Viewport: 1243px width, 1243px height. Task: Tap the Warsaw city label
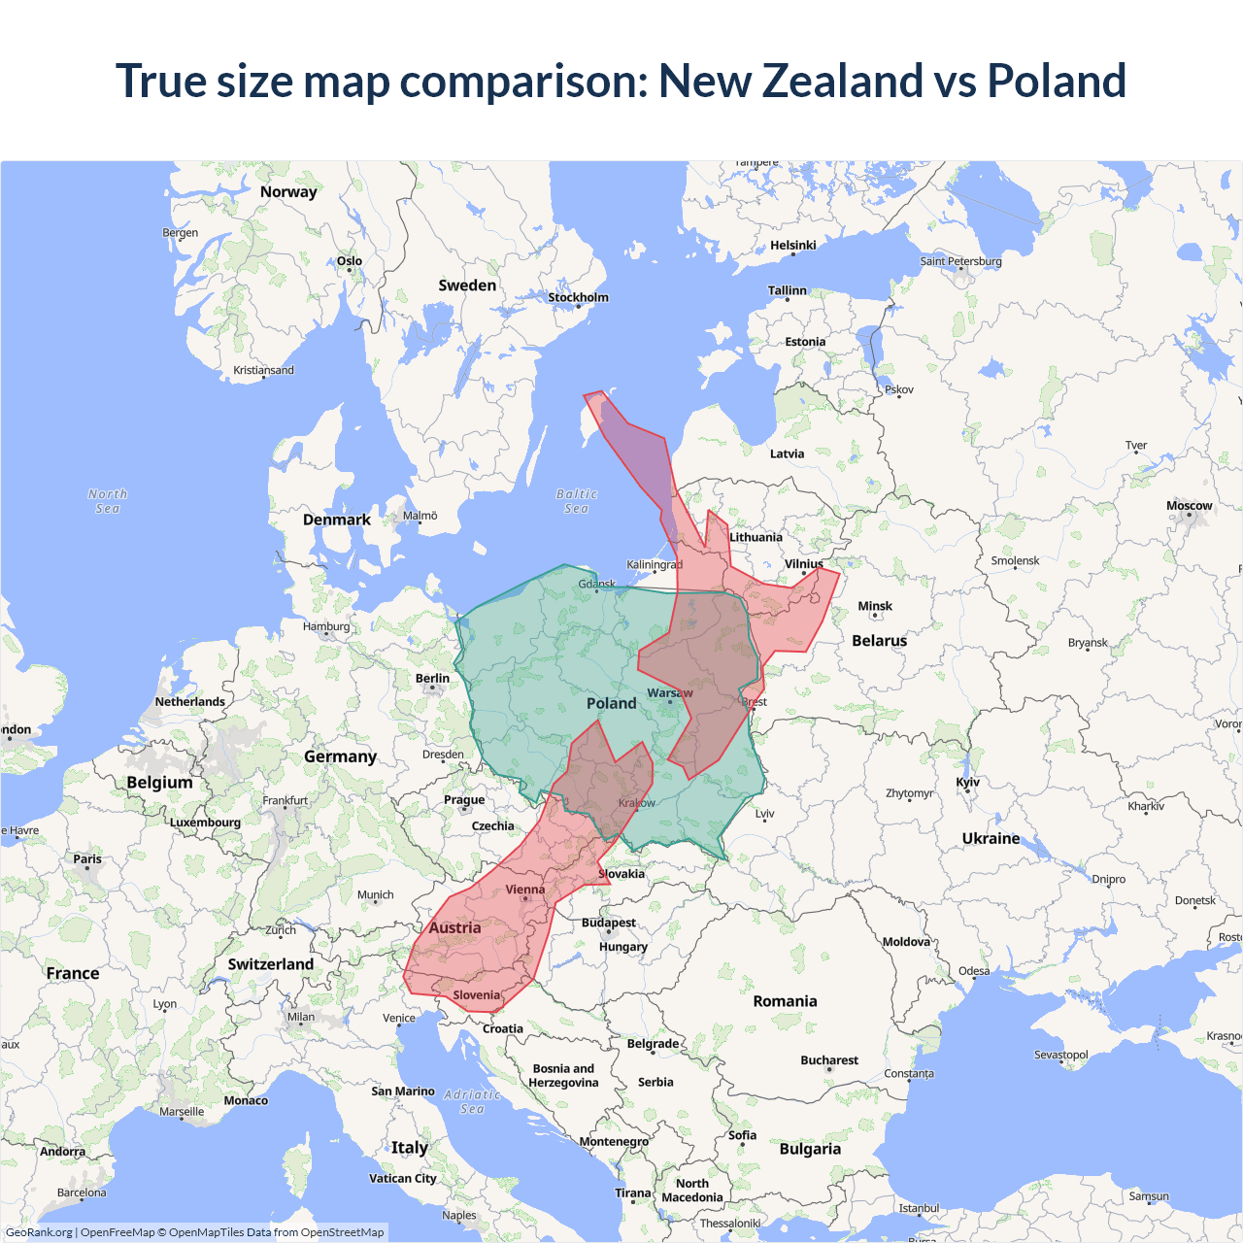click(x=669, y=692)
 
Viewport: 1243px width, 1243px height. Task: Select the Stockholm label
click(x=578, y=297)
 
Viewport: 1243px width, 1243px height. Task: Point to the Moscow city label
click(x=1189, y=506)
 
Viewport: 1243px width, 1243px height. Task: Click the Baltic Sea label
click(x=577, y=501)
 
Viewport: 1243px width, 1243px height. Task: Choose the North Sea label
click(x=108, y=501)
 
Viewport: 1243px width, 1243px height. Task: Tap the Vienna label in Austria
click(x=525, y=890)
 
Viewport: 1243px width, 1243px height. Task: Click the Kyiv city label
click(x=967, y=782)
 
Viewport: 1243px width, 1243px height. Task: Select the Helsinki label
click(x=792, y=246)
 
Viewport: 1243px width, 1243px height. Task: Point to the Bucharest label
click(x=828, y=1060)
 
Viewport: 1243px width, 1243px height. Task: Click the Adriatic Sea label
click(x=472, y=1101)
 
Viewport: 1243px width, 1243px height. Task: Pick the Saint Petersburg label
click(x=960, y=261)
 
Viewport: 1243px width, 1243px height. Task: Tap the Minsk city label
click(x=875, y=606)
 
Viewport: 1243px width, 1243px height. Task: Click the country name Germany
click(x=340, y=756)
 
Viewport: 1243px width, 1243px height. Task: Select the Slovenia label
click(x=476, y=995)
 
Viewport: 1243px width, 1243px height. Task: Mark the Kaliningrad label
click(x=655, y=564)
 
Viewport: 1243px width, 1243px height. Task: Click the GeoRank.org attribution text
click(x=39, y=1232)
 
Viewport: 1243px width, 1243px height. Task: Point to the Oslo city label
click(x=350, y=261)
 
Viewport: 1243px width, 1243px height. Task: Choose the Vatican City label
click(x=402, y=1178)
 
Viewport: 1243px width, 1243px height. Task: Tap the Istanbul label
click(x=919, y=1208)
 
